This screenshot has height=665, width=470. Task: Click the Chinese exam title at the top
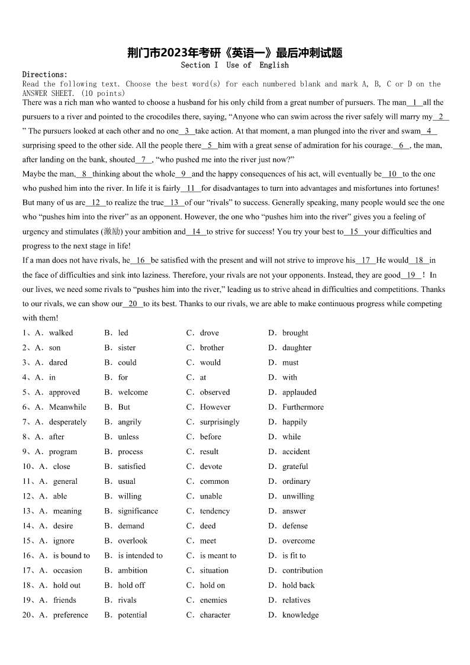(x=235, y=53)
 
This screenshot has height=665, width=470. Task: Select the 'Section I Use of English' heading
(x=234, y=65)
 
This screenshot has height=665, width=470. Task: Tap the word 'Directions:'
(x=45, y=75)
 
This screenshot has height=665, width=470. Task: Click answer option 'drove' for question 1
(x=209, y=333)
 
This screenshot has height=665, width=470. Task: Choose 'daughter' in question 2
(x=297, y=348)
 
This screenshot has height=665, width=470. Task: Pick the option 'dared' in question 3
(x=58, y=362)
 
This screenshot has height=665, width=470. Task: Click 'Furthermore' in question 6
(x=302, y=407)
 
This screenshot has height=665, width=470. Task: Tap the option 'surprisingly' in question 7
(x=220, y=422)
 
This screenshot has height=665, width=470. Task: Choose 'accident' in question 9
(x=296, y=451)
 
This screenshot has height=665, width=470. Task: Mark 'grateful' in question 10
(x=295, y=466)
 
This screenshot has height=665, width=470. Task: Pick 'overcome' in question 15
(x=298, y=541)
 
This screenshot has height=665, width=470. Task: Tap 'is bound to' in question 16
(x=72, y=555)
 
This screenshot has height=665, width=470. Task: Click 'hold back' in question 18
(x=298, y=585)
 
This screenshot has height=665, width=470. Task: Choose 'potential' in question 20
(x=133, y=615)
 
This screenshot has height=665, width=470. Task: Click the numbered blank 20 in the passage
(x=133, y=304)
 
